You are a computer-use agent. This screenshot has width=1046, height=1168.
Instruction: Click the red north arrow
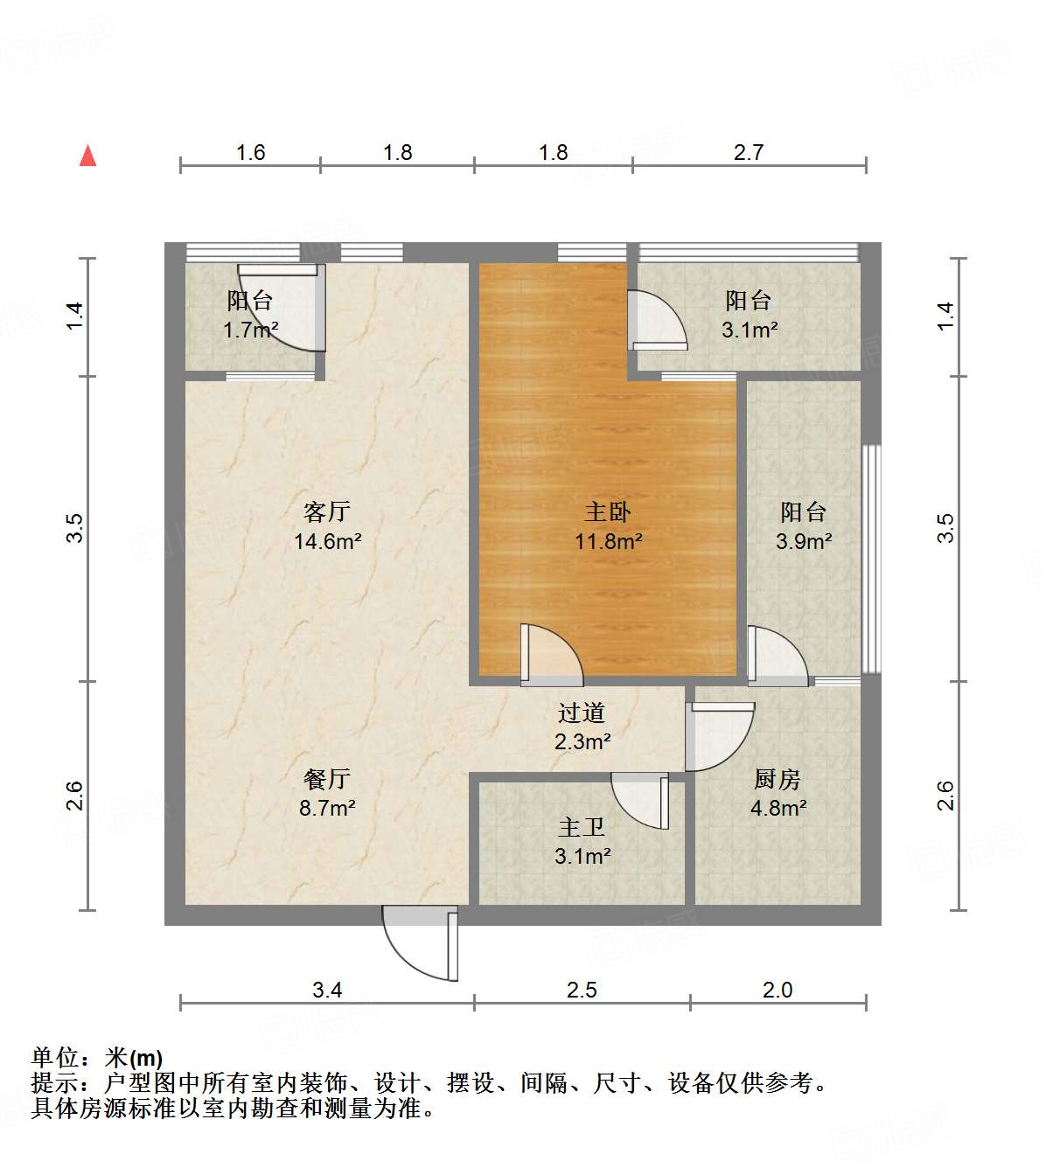click(87, 156)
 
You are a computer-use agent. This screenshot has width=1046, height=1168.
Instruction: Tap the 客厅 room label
click(327, 511)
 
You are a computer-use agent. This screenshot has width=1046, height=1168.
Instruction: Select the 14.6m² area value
click(327, 542)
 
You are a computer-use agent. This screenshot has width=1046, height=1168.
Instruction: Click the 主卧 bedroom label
click(608, 511)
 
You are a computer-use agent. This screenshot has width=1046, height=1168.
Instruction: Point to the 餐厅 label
click(327, 778)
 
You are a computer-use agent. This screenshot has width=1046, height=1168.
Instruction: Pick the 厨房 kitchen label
click(778, 778)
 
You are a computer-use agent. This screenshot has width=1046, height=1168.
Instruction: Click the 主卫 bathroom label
click(582, 826)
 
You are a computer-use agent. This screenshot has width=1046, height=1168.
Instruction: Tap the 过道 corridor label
click(582, 713)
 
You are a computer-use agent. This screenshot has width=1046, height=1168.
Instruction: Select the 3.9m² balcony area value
click(804, 542)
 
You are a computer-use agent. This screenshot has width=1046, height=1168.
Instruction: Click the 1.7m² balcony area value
click(250, 330)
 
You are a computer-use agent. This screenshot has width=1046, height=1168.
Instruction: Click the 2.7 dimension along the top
click(749, 153)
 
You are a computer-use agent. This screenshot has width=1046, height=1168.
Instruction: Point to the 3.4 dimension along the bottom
click(327, 990)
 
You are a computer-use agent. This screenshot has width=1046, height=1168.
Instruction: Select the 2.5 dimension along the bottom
click(582, 990)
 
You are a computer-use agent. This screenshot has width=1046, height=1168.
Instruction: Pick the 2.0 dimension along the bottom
click(778, 990)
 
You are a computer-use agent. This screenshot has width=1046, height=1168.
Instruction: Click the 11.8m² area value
click(608, 542)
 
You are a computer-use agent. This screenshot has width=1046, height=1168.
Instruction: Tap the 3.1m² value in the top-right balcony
click(750, 330)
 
